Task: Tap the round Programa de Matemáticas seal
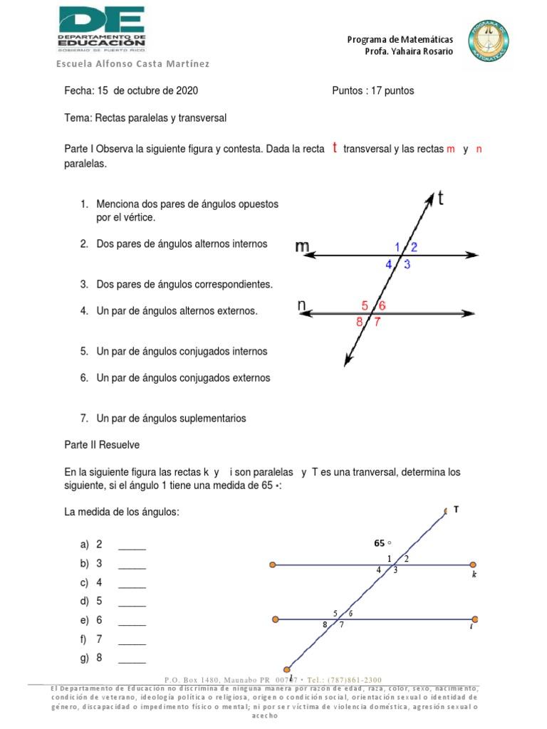pos(490,41)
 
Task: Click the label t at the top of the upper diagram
pos(442,200)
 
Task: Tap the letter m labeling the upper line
pos(302,246)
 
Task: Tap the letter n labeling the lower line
pos(302,305)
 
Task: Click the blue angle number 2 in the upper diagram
pos(414,247)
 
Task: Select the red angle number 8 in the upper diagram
pos(360,321)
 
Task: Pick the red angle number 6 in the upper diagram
pos(382,306)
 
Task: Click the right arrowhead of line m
pos(472,255)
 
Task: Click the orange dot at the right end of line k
pos(475,565)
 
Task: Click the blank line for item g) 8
pos(132,662)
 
